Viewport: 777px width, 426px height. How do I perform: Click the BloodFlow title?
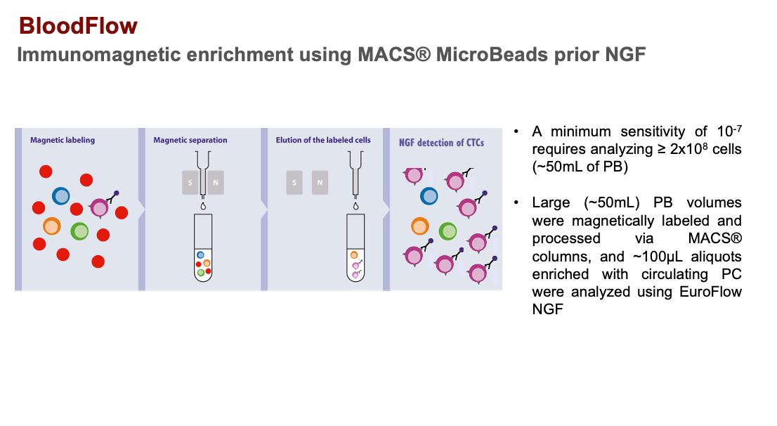tap(78, 26)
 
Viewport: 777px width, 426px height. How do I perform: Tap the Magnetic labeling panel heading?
tap(63, 140)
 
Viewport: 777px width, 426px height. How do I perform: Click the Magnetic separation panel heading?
tap(190, 140)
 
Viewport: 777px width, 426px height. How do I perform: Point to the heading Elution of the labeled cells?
tap(323, 140)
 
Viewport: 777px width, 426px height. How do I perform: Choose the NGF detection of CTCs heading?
tap(441, 143)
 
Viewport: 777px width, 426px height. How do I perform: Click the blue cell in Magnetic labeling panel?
tap(61, 196)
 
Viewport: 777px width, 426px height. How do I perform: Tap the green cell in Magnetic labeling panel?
tap(79, 231)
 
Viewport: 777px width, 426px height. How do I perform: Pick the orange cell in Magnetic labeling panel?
tap(51, 226)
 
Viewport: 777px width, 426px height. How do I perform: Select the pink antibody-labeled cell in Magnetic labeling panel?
tap(100, 207)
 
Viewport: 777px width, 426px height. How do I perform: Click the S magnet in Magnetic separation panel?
tap(190, 183)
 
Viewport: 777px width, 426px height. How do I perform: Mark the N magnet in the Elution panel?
tap(320, 183)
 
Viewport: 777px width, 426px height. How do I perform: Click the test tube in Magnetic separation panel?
tap(203, 247)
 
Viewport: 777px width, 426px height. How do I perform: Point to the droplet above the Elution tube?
tap(355, 205)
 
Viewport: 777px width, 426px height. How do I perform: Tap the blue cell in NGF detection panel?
tap(429, 196)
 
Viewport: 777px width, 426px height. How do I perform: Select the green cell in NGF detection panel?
tap(448, 231)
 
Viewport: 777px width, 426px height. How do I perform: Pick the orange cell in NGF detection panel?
tap(419, 226)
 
